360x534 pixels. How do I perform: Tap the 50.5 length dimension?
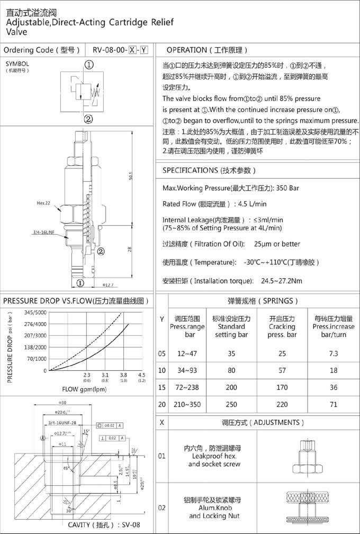129,175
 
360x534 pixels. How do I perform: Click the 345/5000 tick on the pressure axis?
35,313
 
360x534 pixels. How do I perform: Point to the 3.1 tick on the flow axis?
105,375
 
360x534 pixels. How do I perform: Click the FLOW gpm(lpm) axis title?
78,390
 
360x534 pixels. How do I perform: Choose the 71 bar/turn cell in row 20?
333,404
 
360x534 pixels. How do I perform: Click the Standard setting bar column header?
231,326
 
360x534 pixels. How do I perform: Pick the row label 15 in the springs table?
162,387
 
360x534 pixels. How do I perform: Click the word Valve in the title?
16,32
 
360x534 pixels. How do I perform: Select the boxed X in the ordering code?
132,50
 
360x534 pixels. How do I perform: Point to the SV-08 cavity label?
130,525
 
